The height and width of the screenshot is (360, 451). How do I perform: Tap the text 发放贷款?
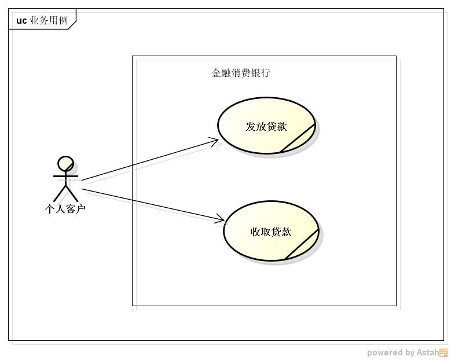(266, 127)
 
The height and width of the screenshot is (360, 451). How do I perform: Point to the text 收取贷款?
(271, 232)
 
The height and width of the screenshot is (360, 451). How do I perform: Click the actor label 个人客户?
(65, 209)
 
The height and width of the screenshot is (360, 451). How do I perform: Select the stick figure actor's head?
(65, 164)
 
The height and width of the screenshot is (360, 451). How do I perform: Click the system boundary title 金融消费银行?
(241, 73)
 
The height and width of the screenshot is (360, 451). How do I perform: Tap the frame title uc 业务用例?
(42, 20)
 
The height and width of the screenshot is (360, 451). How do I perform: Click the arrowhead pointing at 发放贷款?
(214, 141)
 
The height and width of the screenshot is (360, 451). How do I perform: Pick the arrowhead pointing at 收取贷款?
(220, 219)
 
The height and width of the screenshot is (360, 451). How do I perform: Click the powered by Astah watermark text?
(403, 352)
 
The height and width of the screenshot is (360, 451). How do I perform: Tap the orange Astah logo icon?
(444, 352)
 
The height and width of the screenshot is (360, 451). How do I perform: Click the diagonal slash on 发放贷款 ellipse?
(298, 138)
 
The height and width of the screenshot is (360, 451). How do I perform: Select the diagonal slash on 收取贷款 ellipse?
(302, 244)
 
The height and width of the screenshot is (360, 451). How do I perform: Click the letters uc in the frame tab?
(21, 21)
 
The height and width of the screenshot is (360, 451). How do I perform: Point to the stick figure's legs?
(65, 193)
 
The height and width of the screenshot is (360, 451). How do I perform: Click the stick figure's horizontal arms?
(65, 176)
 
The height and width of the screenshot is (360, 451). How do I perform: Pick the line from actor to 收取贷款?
(153, 205)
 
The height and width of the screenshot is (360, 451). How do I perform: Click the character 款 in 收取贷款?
(287, 232)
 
